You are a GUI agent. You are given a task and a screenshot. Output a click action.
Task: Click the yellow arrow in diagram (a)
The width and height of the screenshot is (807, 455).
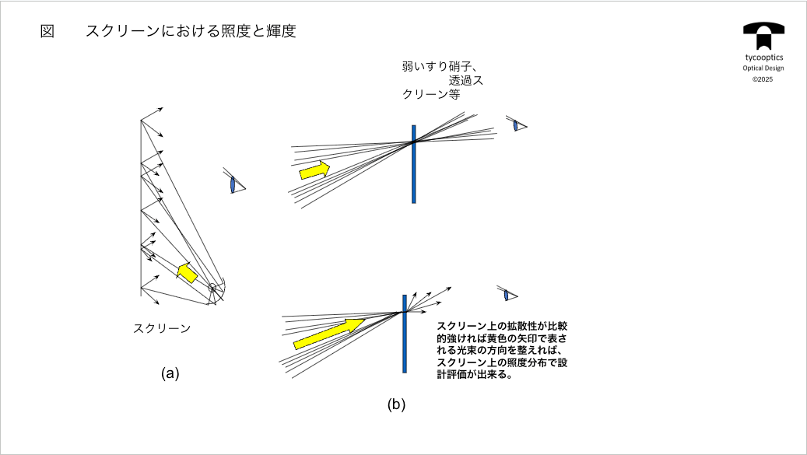point(187,271)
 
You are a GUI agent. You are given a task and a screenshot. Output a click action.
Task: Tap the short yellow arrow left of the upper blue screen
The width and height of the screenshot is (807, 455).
point(314,170)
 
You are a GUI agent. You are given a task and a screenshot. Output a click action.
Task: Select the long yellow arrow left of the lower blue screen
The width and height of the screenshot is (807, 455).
point(329,332)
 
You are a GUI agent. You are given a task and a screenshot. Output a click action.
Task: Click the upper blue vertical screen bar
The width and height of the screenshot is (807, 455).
point(414,164)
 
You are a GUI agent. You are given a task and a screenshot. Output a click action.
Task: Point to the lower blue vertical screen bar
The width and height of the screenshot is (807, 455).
point(405,334)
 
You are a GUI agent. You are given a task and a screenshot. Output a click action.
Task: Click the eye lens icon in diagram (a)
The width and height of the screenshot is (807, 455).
point(233,184)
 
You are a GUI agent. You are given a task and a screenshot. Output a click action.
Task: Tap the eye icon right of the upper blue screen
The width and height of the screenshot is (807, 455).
point(516,124)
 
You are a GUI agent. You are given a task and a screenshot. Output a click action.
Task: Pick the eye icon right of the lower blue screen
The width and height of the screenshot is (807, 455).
point(507,295)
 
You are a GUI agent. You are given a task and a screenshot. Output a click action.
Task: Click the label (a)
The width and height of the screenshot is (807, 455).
point(170,373)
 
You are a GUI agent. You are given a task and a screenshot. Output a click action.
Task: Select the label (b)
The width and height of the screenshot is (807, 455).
point(397,404)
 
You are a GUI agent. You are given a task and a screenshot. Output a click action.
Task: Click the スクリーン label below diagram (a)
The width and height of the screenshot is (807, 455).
point(162,328)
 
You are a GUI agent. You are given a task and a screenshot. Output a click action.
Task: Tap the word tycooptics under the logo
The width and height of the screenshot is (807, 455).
point(763,58)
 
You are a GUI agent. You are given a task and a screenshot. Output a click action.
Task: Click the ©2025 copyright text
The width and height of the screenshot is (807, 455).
point(763,79)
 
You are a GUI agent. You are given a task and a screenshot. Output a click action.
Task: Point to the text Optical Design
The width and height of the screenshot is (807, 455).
point(763,68)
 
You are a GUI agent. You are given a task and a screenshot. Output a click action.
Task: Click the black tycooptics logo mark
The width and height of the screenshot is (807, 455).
point(763,34)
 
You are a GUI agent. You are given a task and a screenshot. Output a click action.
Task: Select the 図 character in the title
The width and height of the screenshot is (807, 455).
point(47,32)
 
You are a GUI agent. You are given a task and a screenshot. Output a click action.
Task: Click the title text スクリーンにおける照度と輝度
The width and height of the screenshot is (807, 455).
point(191,32)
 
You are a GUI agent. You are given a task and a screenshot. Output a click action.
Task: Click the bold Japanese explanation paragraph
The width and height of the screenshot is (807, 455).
point(502,351)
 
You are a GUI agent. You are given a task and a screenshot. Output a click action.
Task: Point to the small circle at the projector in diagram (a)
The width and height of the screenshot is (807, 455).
point(212,288)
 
